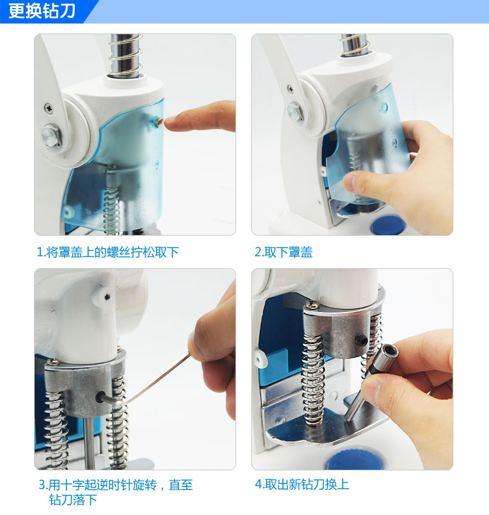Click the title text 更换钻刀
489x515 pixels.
[41, 11]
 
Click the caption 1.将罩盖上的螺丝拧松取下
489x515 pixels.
[108, 253]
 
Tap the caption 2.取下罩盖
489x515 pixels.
[283, 253]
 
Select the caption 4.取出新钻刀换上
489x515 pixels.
[302, 485]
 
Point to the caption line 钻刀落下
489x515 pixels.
[73, 500]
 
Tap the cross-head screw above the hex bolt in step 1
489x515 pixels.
[49, 108]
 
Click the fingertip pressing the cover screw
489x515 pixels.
[171, 122]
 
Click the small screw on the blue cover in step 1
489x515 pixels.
[158, 122]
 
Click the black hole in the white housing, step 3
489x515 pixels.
[107, 298]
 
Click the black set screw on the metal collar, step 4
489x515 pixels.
[362, 340]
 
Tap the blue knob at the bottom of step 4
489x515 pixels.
[354, 459]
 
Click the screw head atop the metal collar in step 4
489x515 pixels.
[313, 305]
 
